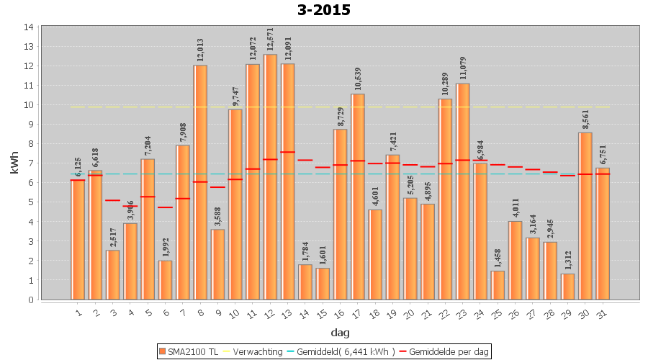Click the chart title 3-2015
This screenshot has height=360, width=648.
coord(323,10)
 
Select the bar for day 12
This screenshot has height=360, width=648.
coord(270,176)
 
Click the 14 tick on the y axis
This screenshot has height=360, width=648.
coord(29,27)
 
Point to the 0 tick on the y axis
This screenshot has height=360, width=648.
coord(31,300)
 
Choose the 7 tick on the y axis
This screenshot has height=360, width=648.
coord(31,163)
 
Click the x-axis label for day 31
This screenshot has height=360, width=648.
coord(603,312)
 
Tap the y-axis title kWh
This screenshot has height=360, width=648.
coord(12,163)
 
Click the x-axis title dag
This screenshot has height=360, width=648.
coord(340,332)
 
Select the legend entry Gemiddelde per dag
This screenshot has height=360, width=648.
coord(446,351)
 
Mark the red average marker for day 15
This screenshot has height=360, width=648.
coord(323,167)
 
